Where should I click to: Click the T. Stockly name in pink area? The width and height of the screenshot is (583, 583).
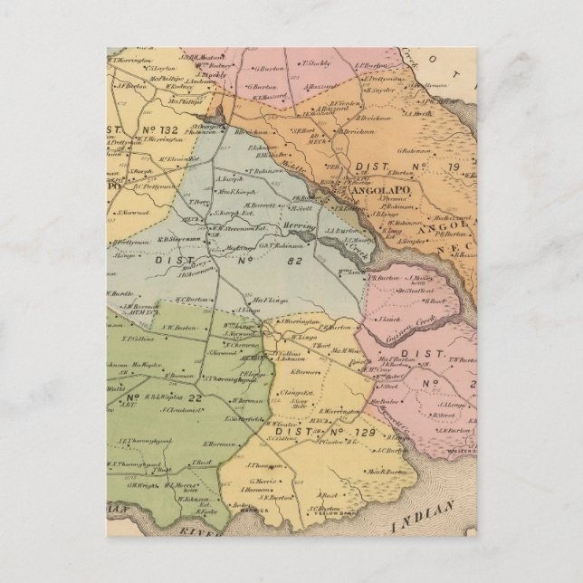coord(311,65)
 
